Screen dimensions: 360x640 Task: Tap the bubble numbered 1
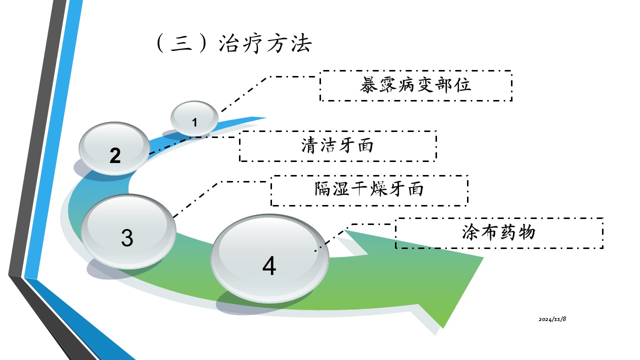point(194,118)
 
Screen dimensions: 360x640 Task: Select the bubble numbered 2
point(115,148)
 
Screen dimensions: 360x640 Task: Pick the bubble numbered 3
point(128,231)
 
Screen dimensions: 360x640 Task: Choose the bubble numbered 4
point(269,258)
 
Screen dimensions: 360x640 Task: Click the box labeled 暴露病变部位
point(415,86)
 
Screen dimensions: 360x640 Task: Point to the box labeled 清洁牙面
point(337,146)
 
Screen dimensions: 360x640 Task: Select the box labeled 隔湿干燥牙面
point(369,190)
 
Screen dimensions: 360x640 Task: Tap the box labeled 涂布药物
point(498,233)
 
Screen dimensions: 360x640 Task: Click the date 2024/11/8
point(552,319)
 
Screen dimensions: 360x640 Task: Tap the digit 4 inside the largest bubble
point(269,266)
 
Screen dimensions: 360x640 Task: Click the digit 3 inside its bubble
point(127,238)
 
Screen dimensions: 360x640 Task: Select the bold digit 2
point(115,156)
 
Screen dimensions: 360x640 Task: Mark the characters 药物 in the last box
point(517,233)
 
